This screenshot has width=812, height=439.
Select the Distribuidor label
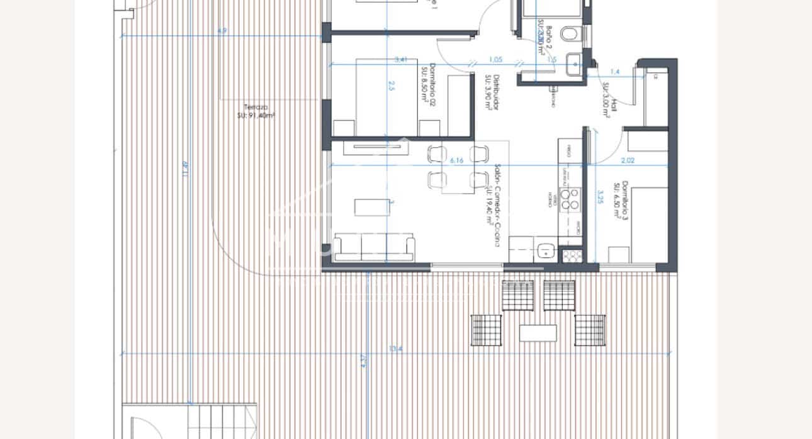[x=492, y=93]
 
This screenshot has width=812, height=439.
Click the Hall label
[x=609, y=100]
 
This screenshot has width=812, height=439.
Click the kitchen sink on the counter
[x=546, y=251]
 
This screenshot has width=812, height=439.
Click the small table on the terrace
[x=538, y=332]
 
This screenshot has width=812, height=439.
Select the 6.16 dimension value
[x=456, y=161]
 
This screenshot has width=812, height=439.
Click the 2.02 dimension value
[x=627, y=160]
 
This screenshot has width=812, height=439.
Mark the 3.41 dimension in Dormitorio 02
[x=401, y=60]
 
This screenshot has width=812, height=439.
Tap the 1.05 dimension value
[x=495, y=60]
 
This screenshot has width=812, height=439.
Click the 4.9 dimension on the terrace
[x=222, y=31]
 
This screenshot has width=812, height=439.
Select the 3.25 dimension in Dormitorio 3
[x=601, y=197]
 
